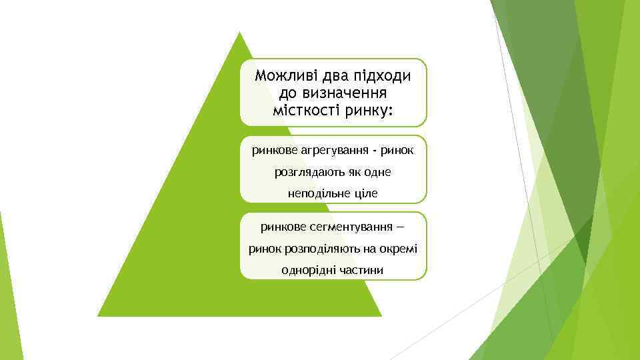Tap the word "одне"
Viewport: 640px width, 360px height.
click(377, 172)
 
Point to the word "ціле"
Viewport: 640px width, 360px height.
click(363, 193)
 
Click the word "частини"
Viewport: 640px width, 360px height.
click(362, 270)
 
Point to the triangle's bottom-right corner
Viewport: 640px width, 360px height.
click(381, 315)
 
